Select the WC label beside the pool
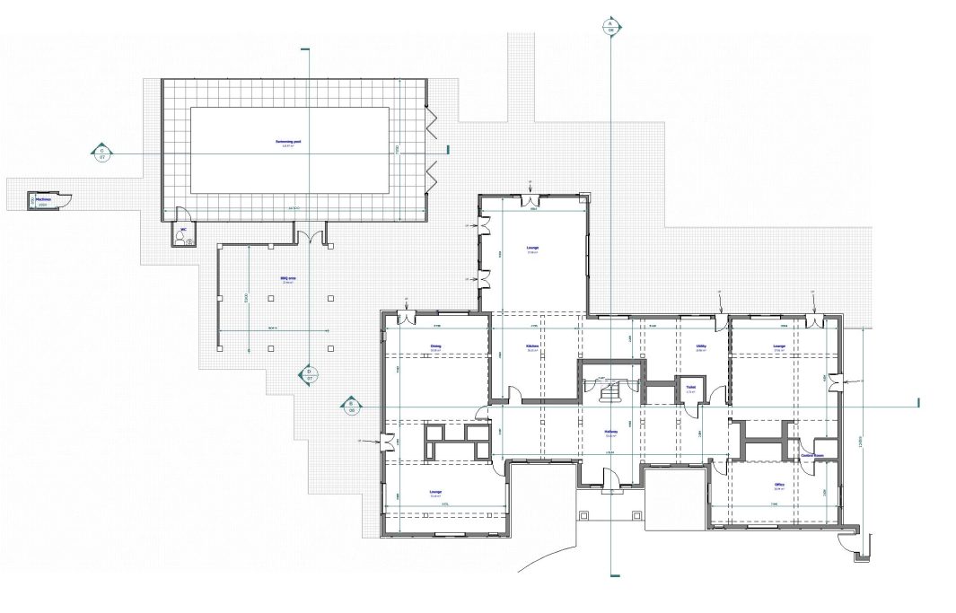[x=183, y=230]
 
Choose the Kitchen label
[x=531, y=346]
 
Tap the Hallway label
[x=610, y=432]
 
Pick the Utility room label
[x=702, y=346]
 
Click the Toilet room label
[x=690, y=388]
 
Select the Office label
[x=779, y=486]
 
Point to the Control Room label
[x=812, y=456]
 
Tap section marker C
[x=102, y=153]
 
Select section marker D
[x=310, y=373]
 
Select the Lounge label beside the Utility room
[x=779, y=346]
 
